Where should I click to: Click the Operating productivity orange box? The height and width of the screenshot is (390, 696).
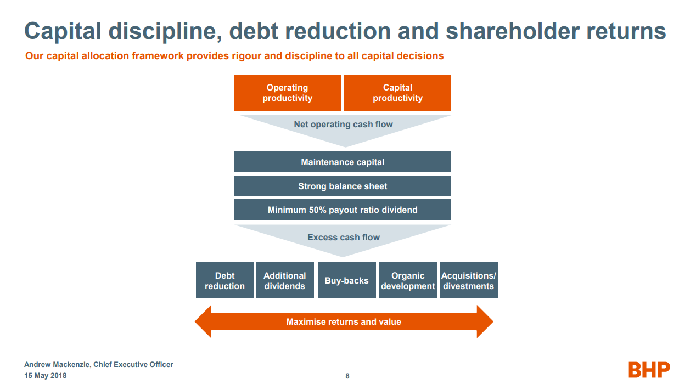click(x=287, y=93)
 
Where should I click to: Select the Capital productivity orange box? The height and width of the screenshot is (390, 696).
click(x=397, y=93)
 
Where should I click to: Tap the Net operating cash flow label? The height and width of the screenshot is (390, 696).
click(x=343, y=125)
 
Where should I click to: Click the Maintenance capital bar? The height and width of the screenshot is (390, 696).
click(x=343, y=162)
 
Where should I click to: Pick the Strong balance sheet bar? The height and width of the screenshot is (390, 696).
click(x=343, y=186)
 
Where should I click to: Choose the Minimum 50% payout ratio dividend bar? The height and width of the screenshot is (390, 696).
click(x=343, y=210)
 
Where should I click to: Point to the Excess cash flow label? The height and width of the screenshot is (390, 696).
click(x=344, y=238)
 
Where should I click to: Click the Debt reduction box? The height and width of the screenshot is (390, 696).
click(x=224, y=280)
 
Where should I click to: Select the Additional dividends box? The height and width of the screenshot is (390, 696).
click(x=284, y=280)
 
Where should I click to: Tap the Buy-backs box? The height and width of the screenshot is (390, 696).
click(x=346, y=280)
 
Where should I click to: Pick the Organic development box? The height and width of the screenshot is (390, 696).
click(x=408, y=280)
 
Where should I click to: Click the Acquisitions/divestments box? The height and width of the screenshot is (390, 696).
click(x=468, y=280)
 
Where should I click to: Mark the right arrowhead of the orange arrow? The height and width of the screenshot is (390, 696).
click(x=485, y=321)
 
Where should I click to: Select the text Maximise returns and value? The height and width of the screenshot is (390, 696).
click(x=344, y=321)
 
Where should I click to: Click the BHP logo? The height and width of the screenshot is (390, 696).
click(x=649, y=370)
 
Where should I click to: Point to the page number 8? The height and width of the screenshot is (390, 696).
click(x=347, y=376)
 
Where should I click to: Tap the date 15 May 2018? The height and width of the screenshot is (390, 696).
click(x=46, y=376)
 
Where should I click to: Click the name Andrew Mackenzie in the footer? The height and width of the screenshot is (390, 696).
click(x=58, y=365)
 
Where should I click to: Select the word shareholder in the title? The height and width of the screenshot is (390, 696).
click(x=510, y=31)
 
